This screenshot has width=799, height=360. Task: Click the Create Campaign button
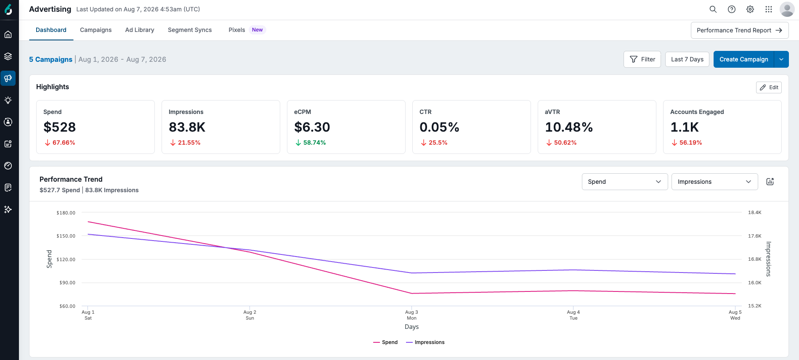pos(743,59)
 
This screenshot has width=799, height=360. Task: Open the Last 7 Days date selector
pos(687,59)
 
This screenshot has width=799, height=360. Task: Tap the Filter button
pos(642,59)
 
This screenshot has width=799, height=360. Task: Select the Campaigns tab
pos(96,30)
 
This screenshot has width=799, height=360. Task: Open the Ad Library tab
pos(140,30)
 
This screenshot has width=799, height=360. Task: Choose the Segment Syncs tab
pos(190,30)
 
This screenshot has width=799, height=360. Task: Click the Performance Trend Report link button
pos(740,30)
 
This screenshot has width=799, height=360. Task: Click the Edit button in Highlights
pos(769,87)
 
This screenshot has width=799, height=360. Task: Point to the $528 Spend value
pos(60,127)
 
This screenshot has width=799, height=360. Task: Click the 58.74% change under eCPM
pos(314,143)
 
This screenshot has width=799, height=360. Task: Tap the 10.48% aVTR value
pos(569,127)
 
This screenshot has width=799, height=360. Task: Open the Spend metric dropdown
pos(625,182)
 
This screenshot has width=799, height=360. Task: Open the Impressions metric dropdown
pos(714,182)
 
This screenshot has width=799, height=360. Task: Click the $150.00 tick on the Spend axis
pos(66,236)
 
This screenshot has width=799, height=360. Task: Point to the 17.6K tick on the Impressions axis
pos(755,236)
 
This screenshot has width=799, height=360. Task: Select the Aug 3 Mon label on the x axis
pos(411,315)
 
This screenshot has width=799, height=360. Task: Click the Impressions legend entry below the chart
pos(425,342)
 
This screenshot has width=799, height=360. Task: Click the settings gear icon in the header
pos(750,9)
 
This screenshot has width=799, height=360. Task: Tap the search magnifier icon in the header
pos(713,9)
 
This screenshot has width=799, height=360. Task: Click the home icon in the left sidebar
pos(8,34)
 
